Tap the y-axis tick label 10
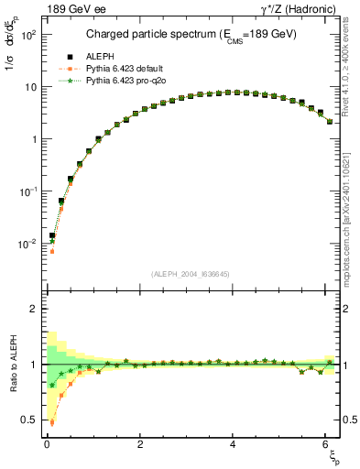(30, 87)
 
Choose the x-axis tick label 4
(234, 445)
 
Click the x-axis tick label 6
(328, 445)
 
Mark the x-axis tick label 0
(47, 445)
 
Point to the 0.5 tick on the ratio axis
(28, 420)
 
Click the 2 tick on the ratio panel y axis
(33, 309)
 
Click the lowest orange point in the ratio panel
(52, 423)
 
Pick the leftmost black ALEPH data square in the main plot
(52, 235)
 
